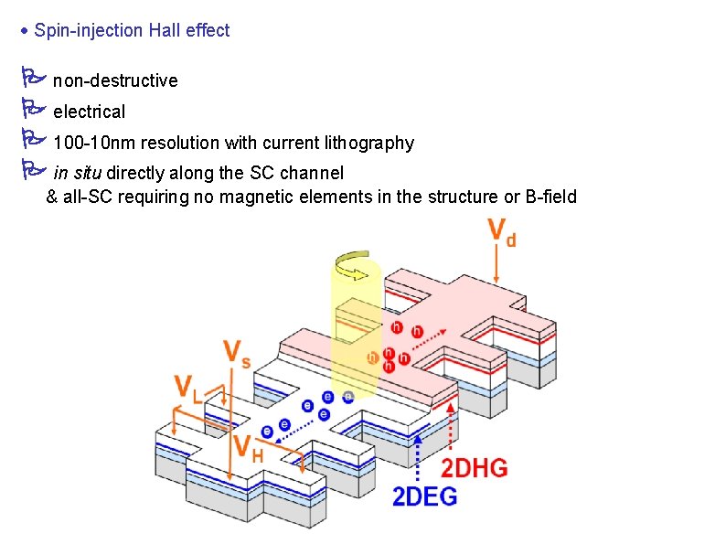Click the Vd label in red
pos(502,231)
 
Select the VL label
pos(189,389)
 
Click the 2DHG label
pos(475,468)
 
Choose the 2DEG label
pos(425,496)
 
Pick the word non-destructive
pos(115,80)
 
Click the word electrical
pos(89,112)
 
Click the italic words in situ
pos(78,172)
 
